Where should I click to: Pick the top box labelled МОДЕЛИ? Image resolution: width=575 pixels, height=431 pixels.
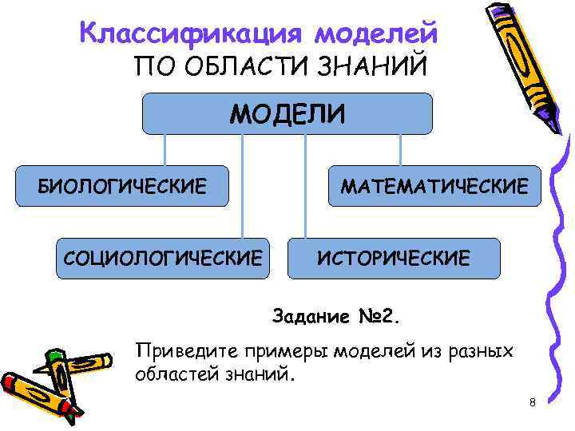coord(287,113)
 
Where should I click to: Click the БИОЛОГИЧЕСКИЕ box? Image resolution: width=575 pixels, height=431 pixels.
coord(122,187)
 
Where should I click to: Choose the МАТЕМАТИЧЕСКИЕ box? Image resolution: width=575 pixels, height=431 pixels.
coord(434,187)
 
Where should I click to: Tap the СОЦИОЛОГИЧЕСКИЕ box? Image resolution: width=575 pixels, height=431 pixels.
coord(162,258)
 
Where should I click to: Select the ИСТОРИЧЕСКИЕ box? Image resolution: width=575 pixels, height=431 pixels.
coord(394,258)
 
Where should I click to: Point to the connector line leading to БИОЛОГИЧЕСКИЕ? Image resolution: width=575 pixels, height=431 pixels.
coord(165,150)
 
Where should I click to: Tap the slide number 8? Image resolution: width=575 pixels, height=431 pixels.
coord(532,402)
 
